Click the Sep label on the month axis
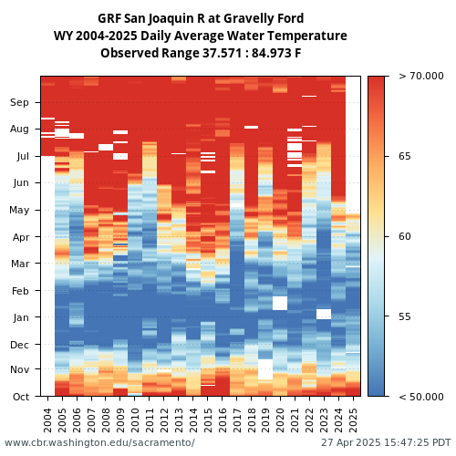point(19,102)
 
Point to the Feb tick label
point(20,291)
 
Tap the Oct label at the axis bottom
point(21,397)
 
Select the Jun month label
point(21,183)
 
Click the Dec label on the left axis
point(19,345)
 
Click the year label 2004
point(47,420)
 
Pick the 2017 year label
point(236,420)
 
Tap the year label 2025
point(353,420)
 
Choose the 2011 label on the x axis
point(150,420)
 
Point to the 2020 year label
point(280,420)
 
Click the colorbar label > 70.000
point(421,76)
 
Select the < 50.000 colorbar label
point(421,397)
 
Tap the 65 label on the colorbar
point(405,156)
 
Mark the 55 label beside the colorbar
point(405,316)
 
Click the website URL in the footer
point(99,442)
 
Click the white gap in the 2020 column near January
point(280,303)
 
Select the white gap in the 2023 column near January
point(324,314)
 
